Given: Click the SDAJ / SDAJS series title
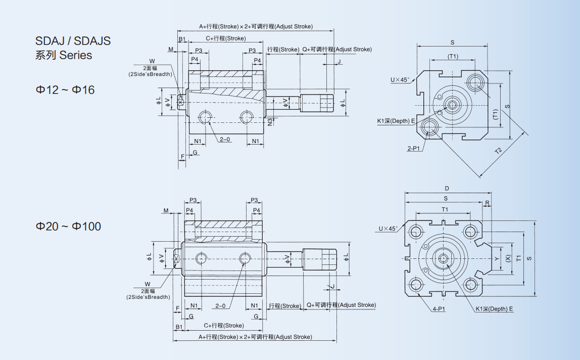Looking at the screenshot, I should pos(73,41).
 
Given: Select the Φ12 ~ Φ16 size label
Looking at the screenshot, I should pos(65,90).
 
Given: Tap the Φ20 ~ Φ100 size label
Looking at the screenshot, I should pos(68,227).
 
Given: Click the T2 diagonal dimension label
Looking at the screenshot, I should pos(498,151).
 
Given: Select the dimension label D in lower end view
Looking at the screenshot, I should pos(447,189).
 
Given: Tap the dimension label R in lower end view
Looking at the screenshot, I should pos(487,203).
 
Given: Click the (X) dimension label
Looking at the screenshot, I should pos(508,258).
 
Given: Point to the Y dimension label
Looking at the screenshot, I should pos(497,258).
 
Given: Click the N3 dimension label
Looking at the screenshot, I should pos(270,121).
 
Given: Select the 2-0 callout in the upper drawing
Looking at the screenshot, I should pos(225,139).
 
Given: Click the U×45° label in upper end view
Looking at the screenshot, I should pos(400,80).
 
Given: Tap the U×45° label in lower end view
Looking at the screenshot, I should pos(388,229).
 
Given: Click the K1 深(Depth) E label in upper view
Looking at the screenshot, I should pos(396,121).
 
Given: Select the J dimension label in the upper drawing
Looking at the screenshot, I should pos(339,61).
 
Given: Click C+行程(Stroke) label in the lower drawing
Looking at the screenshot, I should pos(223,326).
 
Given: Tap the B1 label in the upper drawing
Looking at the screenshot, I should pos(182,39).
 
